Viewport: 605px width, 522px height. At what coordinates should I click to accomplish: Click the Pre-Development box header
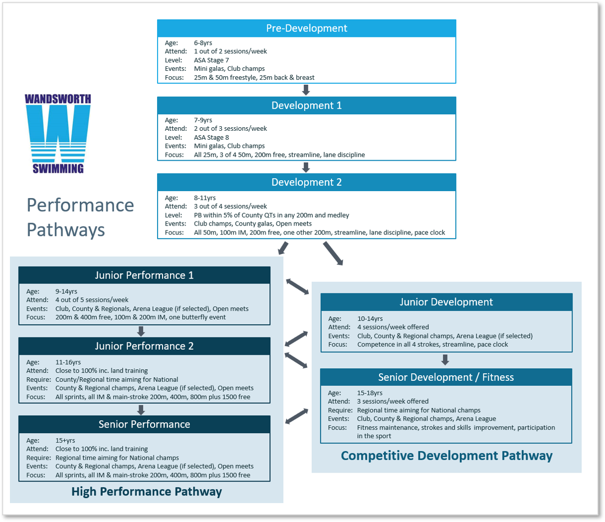306,28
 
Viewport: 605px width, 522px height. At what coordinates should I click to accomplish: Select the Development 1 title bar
306,105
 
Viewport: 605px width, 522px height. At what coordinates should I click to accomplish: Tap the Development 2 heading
306,182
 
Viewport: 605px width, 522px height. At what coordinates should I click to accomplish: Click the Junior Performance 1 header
144,275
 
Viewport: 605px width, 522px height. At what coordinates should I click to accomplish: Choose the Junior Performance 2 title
144,346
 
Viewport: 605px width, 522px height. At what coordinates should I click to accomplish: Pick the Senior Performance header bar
144,424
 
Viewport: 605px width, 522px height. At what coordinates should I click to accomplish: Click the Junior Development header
446,302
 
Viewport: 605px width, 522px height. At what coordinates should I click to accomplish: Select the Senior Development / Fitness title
446,377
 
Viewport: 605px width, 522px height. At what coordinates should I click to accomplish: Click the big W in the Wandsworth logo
58,132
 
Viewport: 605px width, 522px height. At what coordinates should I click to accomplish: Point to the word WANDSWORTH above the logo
58,99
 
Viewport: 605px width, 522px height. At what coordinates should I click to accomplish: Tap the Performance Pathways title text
80,217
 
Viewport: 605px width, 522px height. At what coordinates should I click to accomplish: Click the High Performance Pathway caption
146,492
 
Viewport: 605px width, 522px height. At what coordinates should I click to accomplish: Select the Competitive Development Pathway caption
446,456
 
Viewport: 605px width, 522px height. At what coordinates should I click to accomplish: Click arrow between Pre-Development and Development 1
306,90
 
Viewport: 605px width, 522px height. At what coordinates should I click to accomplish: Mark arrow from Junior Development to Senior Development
445,359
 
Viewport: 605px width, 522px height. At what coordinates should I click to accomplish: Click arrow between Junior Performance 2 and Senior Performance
141,410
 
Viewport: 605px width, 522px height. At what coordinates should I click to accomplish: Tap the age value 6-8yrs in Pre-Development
203,43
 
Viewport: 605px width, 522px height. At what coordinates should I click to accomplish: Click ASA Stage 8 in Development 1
211,137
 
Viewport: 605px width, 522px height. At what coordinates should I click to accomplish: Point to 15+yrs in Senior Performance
65,440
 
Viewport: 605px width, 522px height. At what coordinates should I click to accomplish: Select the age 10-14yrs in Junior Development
370,318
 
